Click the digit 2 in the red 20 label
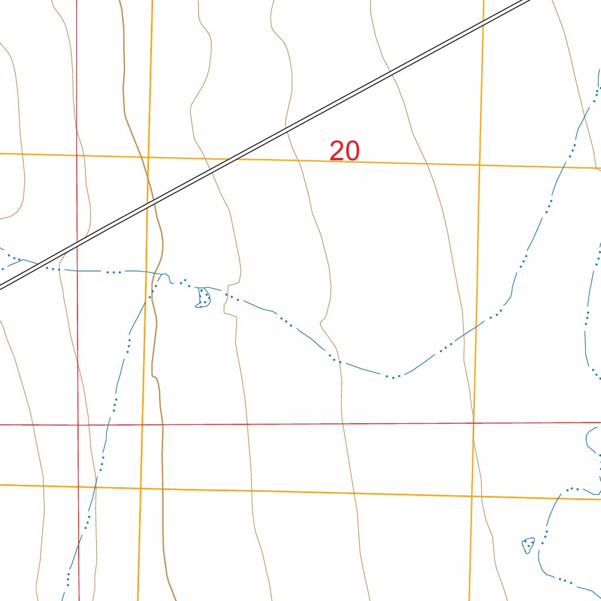pyautogui.click(x=336, y=151)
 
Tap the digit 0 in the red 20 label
pyautogui.click(x=352, y=151)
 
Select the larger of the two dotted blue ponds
pyautogui.click(x=203, y=298)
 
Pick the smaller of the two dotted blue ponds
pyautogui.click(x=528, y=545)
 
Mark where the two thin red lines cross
pyautogui.click(x=77, y=424)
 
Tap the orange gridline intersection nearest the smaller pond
pyautogui.click(x=471, y=496)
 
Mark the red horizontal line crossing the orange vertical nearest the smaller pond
pyautogui.click(x=473, y=423)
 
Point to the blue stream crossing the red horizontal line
pyautogui.click(x=109, y=424)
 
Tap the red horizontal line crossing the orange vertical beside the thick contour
pyautogui.click(x=142, y=424)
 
